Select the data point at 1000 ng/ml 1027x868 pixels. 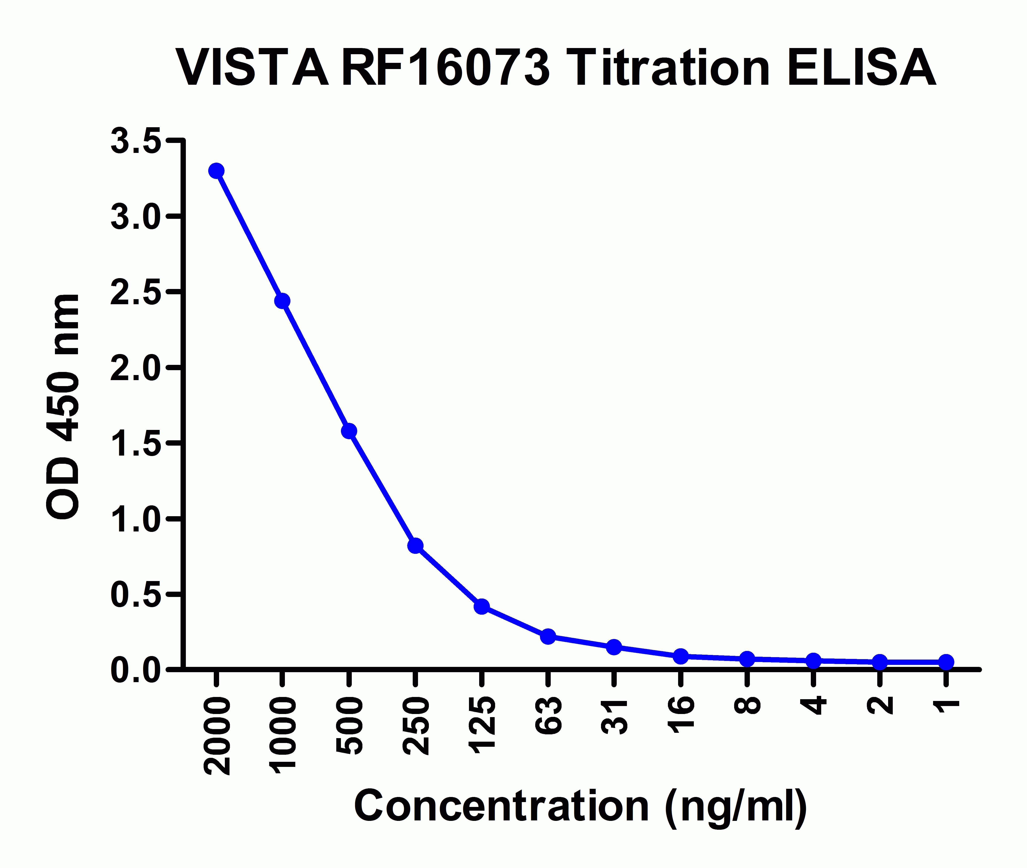coord(282,301)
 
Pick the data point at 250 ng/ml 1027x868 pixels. coord(415,545)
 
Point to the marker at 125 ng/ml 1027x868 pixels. coord(482,606)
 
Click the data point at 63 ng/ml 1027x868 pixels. coord(548,636)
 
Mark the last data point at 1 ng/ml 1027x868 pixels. coord(946,662)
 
